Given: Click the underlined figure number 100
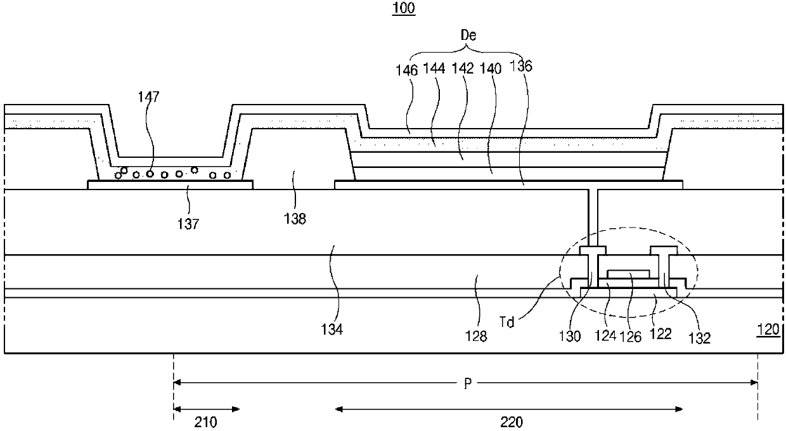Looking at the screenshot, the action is click(x=404, y=8).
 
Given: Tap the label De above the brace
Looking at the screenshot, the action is click(x=468, y=35).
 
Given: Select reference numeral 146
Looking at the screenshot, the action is click(x=407, y=70).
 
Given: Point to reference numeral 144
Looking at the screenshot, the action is click(x=434, y=68).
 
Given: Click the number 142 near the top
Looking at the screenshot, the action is click(x=463, y=68).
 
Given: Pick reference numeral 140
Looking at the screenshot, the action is click(x=490, y=68).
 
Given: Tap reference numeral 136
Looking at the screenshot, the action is click(x=521, y=66).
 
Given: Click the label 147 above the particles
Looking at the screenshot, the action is click(x=148, y=96).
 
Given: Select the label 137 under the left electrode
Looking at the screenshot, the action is click(x=188, y=224).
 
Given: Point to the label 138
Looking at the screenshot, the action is click(x=295, y=219).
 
